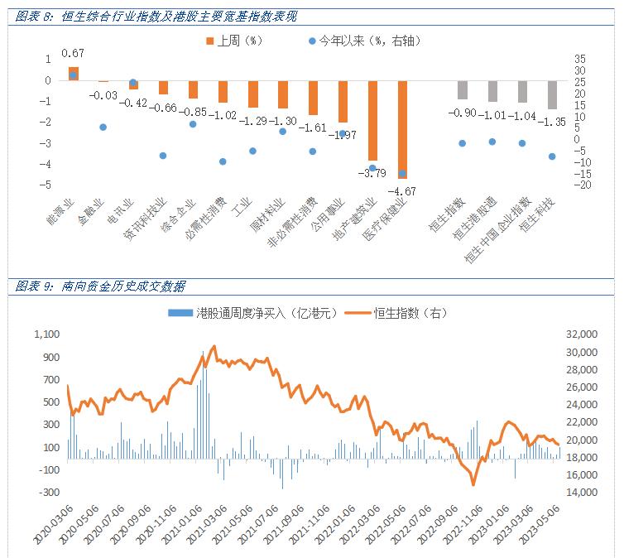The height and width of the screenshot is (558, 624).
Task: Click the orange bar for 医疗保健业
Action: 402,129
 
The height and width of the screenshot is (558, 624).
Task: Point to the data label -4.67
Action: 403,191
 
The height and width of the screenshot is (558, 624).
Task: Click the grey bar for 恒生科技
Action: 552,94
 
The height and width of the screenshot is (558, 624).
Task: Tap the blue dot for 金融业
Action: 103,127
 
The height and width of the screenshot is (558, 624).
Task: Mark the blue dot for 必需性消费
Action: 223,161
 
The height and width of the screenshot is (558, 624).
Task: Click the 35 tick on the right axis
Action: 578,58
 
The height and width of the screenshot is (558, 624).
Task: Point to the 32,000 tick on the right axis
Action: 579,334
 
